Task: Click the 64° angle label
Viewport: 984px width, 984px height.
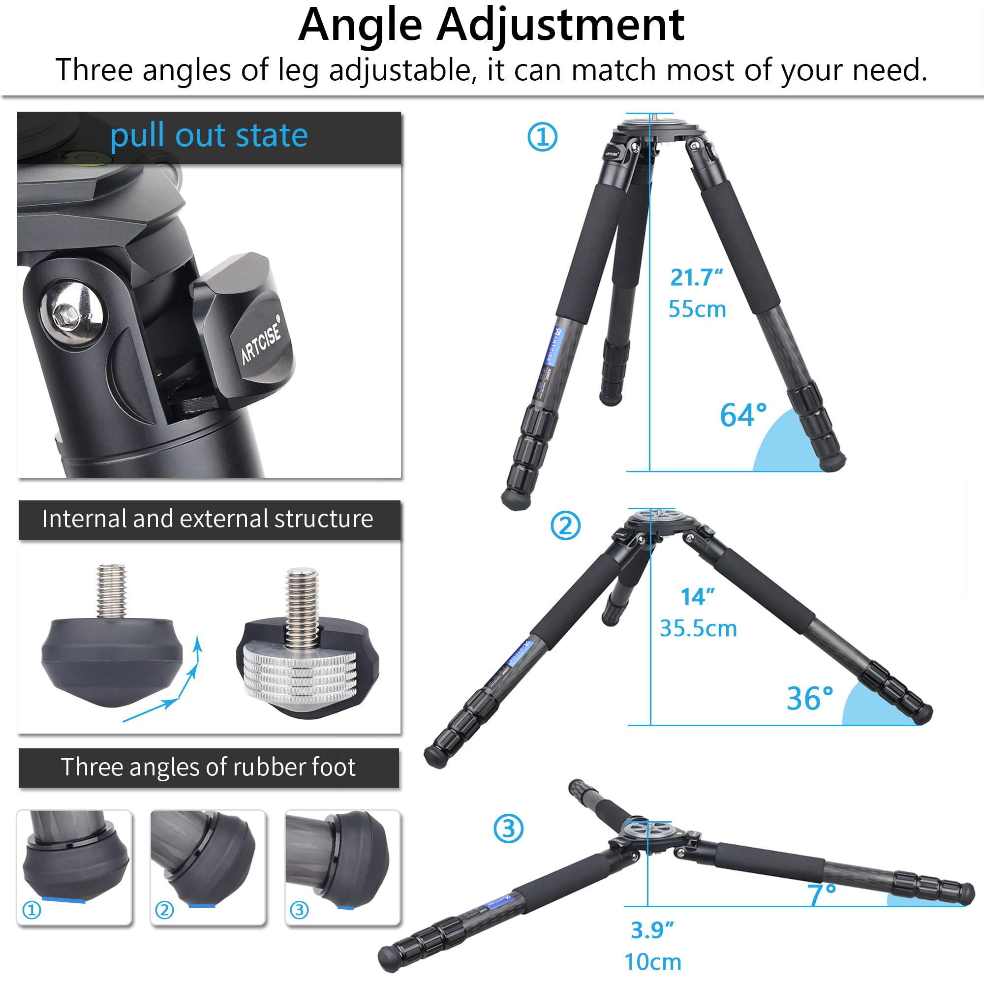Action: click(x=742, y=415)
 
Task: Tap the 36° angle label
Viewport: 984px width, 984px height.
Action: click(x=809, y=698)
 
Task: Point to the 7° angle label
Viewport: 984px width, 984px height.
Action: click(x=821, y=895)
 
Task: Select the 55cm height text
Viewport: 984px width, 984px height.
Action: click(x=697, y=309)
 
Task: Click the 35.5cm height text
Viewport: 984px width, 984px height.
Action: click(x=698, y=628)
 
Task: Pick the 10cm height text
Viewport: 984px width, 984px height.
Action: click(x=652, y=962)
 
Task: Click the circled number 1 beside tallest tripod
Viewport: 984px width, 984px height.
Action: click(x=542, y=137)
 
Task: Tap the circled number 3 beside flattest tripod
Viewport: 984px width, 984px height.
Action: click(x=508, y=829)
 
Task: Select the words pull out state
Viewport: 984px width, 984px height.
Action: click(x=209, y=135)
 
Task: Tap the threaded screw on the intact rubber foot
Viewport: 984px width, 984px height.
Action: click(x=112, y=591)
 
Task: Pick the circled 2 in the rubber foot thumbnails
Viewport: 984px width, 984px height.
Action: click(x=164, y=910)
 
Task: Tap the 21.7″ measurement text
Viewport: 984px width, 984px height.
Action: click(x=696, y=277)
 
